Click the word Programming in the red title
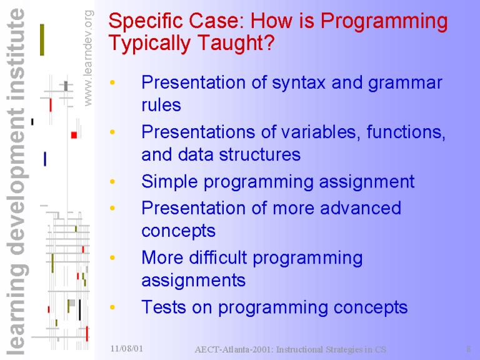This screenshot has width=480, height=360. [384, 22]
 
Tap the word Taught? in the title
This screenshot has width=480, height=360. [236, 42]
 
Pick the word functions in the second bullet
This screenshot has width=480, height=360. [406, 132]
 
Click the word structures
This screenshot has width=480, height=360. [260, 154]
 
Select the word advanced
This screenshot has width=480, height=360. [360, 208]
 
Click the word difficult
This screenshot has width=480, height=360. [218, 257]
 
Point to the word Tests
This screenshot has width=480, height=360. [164, 307]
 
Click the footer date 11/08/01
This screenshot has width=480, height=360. [127, 348]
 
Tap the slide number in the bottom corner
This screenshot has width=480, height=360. [468, 349]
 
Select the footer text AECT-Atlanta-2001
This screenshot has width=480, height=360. [234, 349]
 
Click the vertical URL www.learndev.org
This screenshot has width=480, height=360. [88, 58]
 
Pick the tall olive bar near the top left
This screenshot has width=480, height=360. [42, 40]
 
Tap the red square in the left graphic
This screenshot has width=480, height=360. [74, 135]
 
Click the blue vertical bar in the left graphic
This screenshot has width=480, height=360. [45, 159]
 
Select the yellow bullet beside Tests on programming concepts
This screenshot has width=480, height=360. [112, 307]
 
